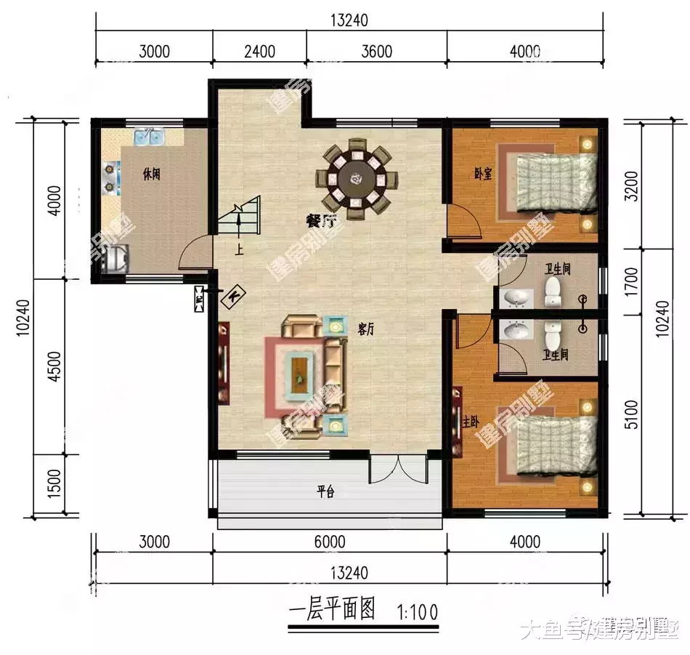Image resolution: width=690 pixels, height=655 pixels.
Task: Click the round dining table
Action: tap(357, 177)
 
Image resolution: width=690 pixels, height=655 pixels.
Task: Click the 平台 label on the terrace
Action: tap(325, 492)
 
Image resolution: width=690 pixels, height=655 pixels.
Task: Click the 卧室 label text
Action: tap(483, 174)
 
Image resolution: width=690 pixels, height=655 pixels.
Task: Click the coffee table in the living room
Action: tap(300, 371)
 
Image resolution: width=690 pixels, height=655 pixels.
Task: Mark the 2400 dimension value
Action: tap(259, 52)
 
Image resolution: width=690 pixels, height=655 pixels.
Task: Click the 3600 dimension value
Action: tap(376, 52)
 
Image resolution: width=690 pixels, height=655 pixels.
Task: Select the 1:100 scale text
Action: tap(418, 612)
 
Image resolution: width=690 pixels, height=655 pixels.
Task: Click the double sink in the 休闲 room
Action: tap(150, 136)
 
